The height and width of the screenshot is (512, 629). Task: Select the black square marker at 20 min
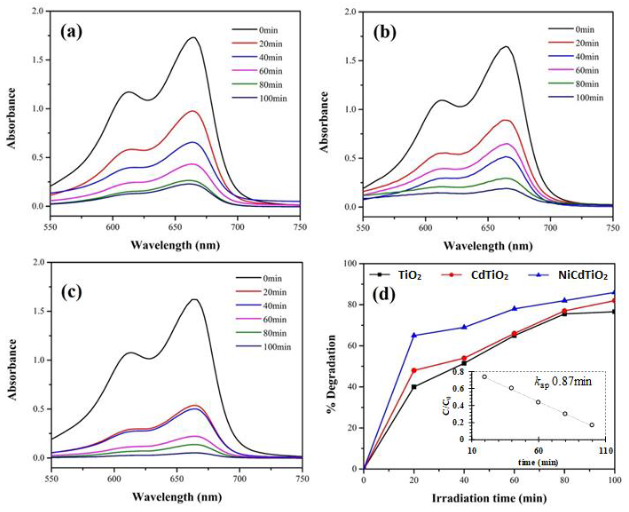(414, 387)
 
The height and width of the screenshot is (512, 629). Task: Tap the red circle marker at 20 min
(414, 370)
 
